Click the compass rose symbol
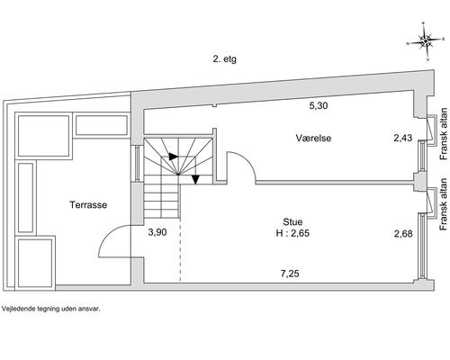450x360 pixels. (426, 41)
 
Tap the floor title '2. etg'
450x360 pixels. (224, 58)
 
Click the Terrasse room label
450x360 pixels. (88, 205)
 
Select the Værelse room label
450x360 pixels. (313, 138)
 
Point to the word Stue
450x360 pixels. (292, 222)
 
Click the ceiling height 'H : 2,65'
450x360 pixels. (292, 233)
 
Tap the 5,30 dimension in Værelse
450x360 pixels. (319, 105)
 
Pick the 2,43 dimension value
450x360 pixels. (403, 138)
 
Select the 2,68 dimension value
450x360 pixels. (403, 233)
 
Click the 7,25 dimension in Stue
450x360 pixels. (290, 274)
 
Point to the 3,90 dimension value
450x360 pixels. (157, 232)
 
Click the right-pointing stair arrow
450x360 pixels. (173, 157)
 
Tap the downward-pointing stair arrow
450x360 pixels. (195, 179)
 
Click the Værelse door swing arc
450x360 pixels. (247, 162)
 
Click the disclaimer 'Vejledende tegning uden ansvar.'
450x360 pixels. (50, 309)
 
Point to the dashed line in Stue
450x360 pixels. (180, 249)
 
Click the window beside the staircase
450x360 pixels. (137, 164)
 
